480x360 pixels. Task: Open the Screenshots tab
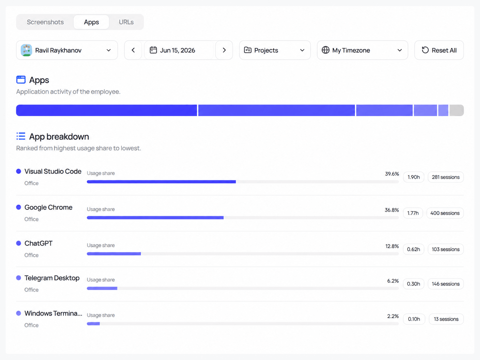[45, 22]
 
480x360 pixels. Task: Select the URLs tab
[126, 22]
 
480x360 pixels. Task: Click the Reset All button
[439, 50]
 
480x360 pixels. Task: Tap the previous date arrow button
[133, 50]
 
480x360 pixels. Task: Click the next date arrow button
[224, 50]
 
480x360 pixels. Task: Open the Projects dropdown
[275, 50]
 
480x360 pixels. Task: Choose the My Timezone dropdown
[362, 50]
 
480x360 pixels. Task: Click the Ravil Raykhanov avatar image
[27, 50]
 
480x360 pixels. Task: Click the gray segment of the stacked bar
[456, 110]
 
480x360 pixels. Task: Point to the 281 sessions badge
[446, 177]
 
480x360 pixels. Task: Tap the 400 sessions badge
[445, 213]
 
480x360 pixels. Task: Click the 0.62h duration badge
[413, 249]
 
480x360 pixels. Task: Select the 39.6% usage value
[392, 174]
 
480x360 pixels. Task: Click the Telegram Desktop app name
[52, 278]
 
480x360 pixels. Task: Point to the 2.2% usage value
[393, 316]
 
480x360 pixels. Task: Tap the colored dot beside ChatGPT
[19, 243]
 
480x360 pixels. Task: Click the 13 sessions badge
[446, 319]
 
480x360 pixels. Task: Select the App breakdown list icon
[21, 136]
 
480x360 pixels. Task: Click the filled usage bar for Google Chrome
[155, 218]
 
